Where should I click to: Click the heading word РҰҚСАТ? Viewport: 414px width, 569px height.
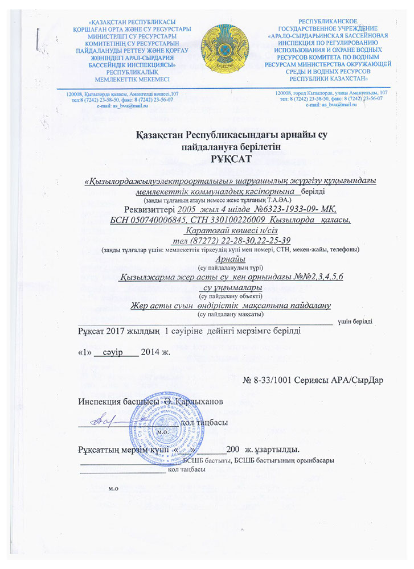tap(207, 158)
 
